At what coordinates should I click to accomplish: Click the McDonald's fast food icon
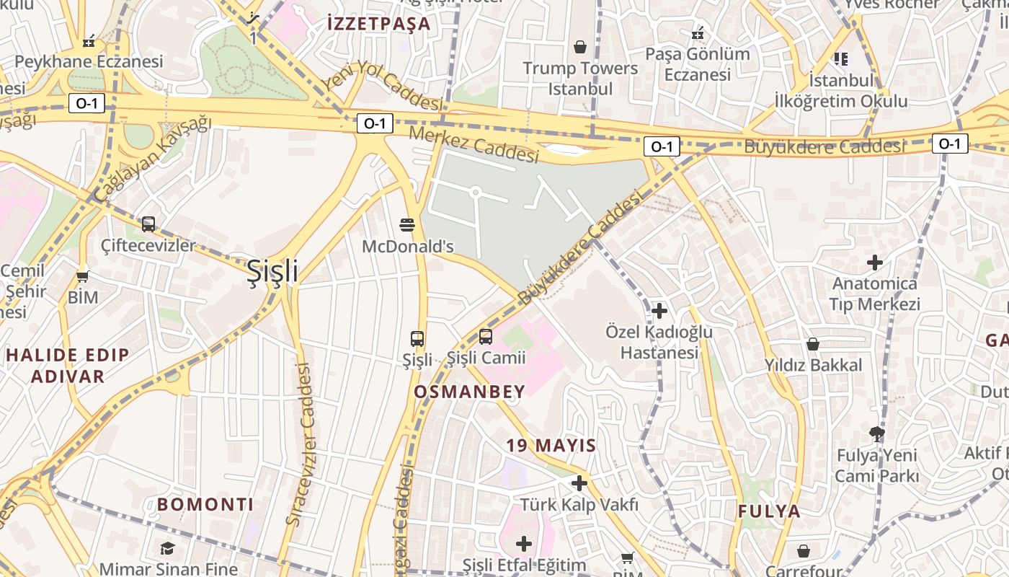[x=407, y=224]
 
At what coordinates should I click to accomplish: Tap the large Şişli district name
[x=272, y=271]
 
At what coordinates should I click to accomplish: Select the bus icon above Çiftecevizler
[x=148, y=224]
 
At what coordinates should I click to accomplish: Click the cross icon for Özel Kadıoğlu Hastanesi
[x=659, y=311]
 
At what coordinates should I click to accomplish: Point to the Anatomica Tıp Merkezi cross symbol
[x=875, y=263]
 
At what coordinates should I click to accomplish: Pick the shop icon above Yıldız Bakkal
[x=813, y=344]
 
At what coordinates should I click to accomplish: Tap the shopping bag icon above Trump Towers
[x=580, y=47]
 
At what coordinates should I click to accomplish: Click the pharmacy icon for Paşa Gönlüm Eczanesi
[x=697, y=33]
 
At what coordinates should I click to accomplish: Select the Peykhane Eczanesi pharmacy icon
[x=89, y=41]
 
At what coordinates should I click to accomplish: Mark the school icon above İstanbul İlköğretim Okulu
[x=840, y=58]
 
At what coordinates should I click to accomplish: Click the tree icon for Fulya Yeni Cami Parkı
[x=876, y=433]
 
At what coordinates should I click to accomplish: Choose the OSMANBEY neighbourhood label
[x=469, y=392]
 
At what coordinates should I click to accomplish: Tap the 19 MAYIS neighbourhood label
[x=551, y=445]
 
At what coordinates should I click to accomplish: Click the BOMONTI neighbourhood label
[x=205, y=504]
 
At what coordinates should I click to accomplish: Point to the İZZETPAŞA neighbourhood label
[x=378, y=24]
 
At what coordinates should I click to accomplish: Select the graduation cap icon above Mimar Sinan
[x=167, y=548]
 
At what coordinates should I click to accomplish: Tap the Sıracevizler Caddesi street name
[x=303, y=444]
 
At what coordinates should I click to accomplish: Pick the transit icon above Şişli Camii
[x=486, y=336]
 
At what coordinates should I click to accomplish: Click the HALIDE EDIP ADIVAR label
[x=68, y=365]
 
